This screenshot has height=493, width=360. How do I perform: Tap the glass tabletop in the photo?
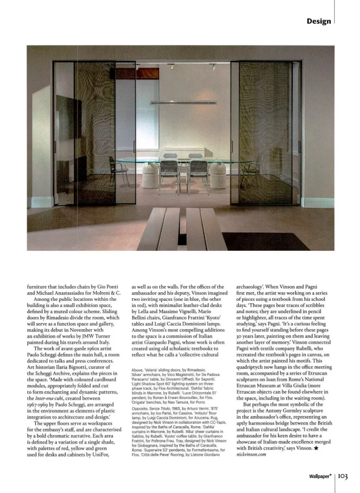click(180, 161)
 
